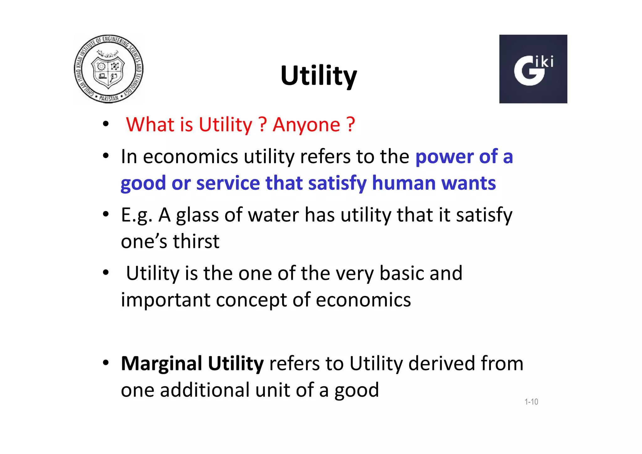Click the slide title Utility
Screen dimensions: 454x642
[x=318, y=76]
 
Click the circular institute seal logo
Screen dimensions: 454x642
[x=108, y=69]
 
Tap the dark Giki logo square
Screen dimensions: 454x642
[x=533, y=69]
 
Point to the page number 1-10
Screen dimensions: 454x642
[x=531, y=402]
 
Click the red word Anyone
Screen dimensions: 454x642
[x=306, y=125]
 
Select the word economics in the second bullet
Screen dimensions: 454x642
[x=190, y=156]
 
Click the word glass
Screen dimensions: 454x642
[x=197, y=216]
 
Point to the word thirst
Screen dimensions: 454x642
[x=196, y=241]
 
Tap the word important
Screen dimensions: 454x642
[x=166, y=300]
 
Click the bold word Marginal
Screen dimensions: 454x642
[x=161, y=364]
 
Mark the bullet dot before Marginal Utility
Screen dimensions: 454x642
[x=106, y=363]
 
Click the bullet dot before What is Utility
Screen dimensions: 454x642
[x=106, y=124]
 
